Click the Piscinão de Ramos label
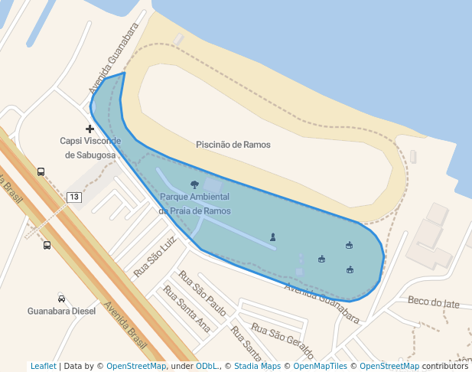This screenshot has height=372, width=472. click(x=233, y=145)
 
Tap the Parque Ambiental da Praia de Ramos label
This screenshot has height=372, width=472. click(x=194, y=204)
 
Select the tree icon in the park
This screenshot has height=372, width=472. click(x=194, y=184)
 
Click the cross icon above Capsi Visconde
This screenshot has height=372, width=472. click(x=90, y=128)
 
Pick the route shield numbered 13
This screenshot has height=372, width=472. click(x=73, y=197)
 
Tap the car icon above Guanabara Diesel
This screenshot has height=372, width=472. click(x=61, y=298)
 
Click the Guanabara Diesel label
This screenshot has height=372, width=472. click(x=61, y=312)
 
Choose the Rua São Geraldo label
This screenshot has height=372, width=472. click(x=282, y=341)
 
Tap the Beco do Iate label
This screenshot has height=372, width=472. click(x=434, y=303)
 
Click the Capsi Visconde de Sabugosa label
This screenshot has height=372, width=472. click(x=90, y=148)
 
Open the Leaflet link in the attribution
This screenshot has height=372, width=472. click(x=43, y=366)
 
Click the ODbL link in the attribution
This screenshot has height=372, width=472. click(x=206, y=366)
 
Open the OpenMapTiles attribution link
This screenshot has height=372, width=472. click(x=321, y=366)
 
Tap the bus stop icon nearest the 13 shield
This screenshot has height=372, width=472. click(x=41, y=171)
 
